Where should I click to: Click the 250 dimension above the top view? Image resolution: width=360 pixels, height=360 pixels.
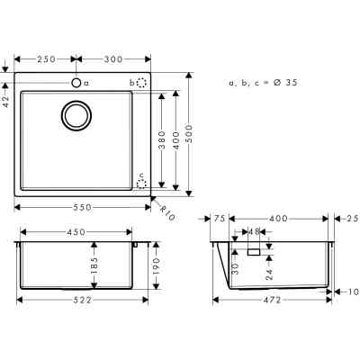[x=48, y=58]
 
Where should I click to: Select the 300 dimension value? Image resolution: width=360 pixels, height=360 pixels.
[x=113, y=58]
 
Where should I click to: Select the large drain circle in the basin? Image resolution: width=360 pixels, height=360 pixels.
[x=76, y=116]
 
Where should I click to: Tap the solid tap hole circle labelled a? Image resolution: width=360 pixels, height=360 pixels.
[x=76, y=82]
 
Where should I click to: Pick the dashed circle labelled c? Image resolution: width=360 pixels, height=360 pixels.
[x=141, y=183]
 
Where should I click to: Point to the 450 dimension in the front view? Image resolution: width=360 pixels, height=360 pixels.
[x=76, y=232]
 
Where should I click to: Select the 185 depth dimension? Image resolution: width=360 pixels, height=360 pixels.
[x=94, y=266]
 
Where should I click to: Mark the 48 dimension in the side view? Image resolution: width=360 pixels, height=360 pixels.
[x=253, y=230]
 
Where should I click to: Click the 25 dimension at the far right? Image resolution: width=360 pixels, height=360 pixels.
[x=351, y=218]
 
